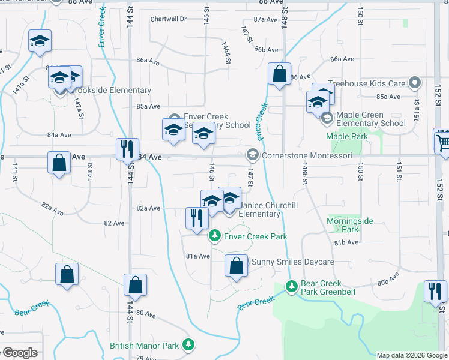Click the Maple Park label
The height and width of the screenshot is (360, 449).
(346, 137)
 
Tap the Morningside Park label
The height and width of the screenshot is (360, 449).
(350, 225)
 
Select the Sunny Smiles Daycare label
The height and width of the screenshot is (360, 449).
(292, 262)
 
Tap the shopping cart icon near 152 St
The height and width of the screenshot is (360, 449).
(442, 140)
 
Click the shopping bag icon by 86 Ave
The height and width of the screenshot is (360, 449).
(280, 75)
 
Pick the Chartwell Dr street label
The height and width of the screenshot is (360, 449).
(169, 19)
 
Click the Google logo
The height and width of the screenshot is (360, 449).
(19, 353)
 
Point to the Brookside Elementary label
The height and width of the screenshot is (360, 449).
(111, 91)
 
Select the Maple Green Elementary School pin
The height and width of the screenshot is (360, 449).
(327, 118)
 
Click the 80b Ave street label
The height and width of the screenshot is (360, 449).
(388, 280)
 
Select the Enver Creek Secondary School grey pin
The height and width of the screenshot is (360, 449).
(175, 118)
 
